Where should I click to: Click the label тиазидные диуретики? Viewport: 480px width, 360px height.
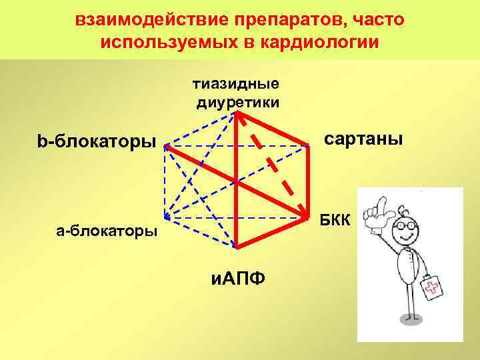click(237, 93)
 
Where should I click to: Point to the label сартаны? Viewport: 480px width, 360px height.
click(363, 139)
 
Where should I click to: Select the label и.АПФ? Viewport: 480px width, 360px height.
click(236, 275)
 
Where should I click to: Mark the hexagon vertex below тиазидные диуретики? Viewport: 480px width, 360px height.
click(237, 113)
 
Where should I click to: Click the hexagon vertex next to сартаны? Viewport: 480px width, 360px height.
click(311, 145)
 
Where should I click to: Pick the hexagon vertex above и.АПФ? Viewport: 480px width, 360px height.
click(237, 247)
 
